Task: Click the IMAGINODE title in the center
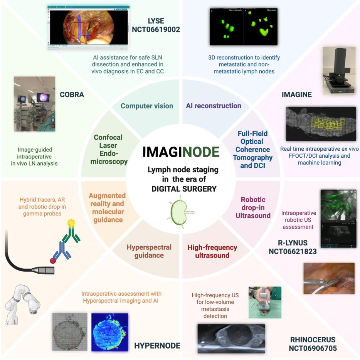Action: (x=181, y=152)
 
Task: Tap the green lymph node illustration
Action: (x=181, y=212)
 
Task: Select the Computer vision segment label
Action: (x=147, y=106)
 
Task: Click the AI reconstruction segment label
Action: (x=214, y=106)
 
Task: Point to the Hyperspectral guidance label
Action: (x=149, y=251)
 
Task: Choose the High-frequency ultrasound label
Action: (x=212, y=251)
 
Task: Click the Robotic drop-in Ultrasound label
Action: (x=253, y=207)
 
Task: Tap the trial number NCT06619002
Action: (x=156, y=29)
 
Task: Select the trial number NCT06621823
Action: (x=293, y=251)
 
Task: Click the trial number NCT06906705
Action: (x=313, y=348)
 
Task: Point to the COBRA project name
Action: (x=72, y=94)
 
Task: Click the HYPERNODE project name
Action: (x=157, y=345)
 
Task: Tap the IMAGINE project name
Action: (x=297, y=94)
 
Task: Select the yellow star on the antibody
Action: (x=71, y=222)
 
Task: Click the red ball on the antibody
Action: (x=53, y=260)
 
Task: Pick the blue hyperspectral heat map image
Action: (x=109, y=332)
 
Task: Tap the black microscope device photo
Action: (x=339, y=71)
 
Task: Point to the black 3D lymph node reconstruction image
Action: (x=244, y=27)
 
